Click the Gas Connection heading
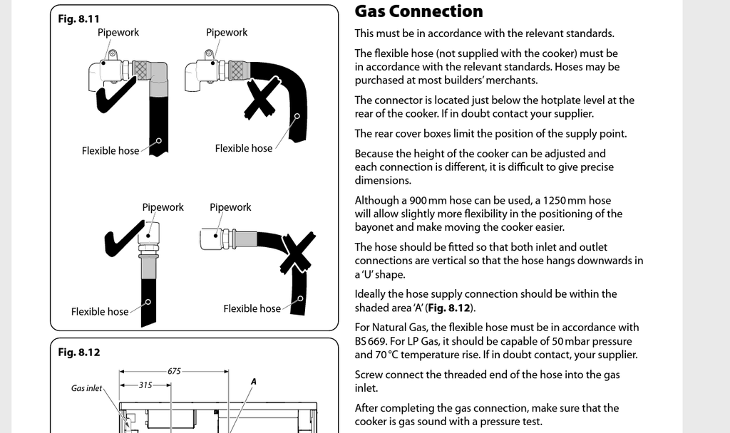418,11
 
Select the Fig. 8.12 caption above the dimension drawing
78,353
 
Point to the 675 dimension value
174,371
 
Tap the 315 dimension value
145,385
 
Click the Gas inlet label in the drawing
86,388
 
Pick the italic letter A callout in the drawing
253,382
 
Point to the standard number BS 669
370,341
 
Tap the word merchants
510,80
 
